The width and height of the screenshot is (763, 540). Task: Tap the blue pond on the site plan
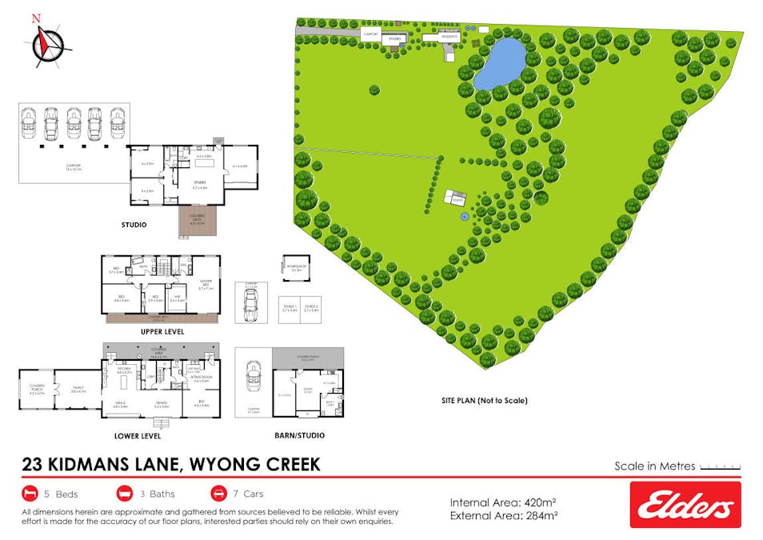tap(500, 64)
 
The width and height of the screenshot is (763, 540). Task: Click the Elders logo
tap(685, 505)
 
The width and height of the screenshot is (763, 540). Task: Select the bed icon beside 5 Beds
tap(31, 493)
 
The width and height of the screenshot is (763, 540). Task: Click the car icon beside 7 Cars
tap(219, 493)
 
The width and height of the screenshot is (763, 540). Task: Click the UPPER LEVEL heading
tap(162, 330)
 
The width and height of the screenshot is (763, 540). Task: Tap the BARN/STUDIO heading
tap(297, 436)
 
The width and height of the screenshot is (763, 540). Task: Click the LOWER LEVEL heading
tap(138, 436)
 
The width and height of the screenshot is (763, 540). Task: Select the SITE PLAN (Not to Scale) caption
tap(485, 401)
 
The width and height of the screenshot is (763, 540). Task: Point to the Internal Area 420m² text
tap(503, 502)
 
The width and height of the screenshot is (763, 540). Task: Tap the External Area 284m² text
tap(503, 516)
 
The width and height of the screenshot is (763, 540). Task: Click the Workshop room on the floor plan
tap(296, 268)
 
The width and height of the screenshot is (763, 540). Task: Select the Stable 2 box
tap(310, 310)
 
